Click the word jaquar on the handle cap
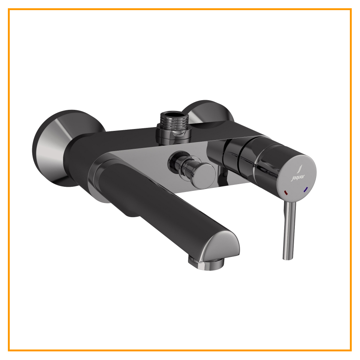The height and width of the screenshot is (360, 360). tap(298, 177)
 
